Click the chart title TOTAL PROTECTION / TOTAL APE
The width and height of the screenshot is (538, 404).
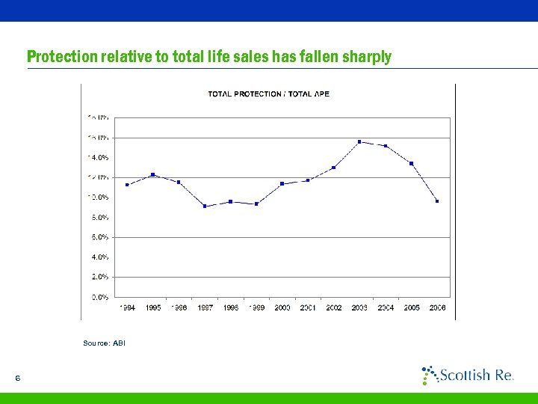tap(268, 94)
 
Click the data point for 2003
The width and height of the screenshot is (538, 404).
tap(359, 141)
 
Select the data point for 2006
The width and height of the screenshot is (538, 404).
tap(437, 201)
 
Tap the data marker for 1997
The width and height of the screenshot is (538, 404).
tap(205, 206)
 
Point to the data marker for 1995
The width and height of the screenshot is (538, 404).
tap(153, 174)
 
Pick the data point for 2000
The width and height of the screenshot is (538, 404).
tap(282, 183)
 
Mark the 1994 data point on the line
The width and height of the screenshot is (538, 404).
tap(127, 185)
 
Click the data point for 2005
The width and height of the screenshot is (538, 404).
tap(412, 163)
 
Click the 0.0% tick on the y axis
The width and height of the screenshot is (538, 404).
tap(100, 297)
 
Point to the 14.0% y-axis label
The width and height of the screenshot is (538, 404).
tap(100, 158)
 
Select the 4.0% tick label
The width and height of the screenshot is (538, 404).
tap(100, 257)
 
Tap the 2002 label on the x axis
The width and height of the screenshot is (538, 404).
tap(334, 307)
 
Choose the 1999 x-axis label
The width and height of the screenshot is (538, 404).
tap(256, 307)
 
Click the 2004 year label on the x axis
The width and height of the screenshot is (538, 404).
tap(386, 307)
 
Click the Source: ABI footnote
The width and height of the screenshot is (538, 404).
tap(105, 343)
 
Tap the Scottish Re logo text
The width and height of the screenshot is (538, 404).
tap(476, 375)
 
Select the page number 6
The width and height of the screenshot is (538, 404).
tap(17, 378)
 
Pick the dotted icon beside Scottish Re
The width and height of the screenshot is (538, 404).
tap(430, 375)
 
